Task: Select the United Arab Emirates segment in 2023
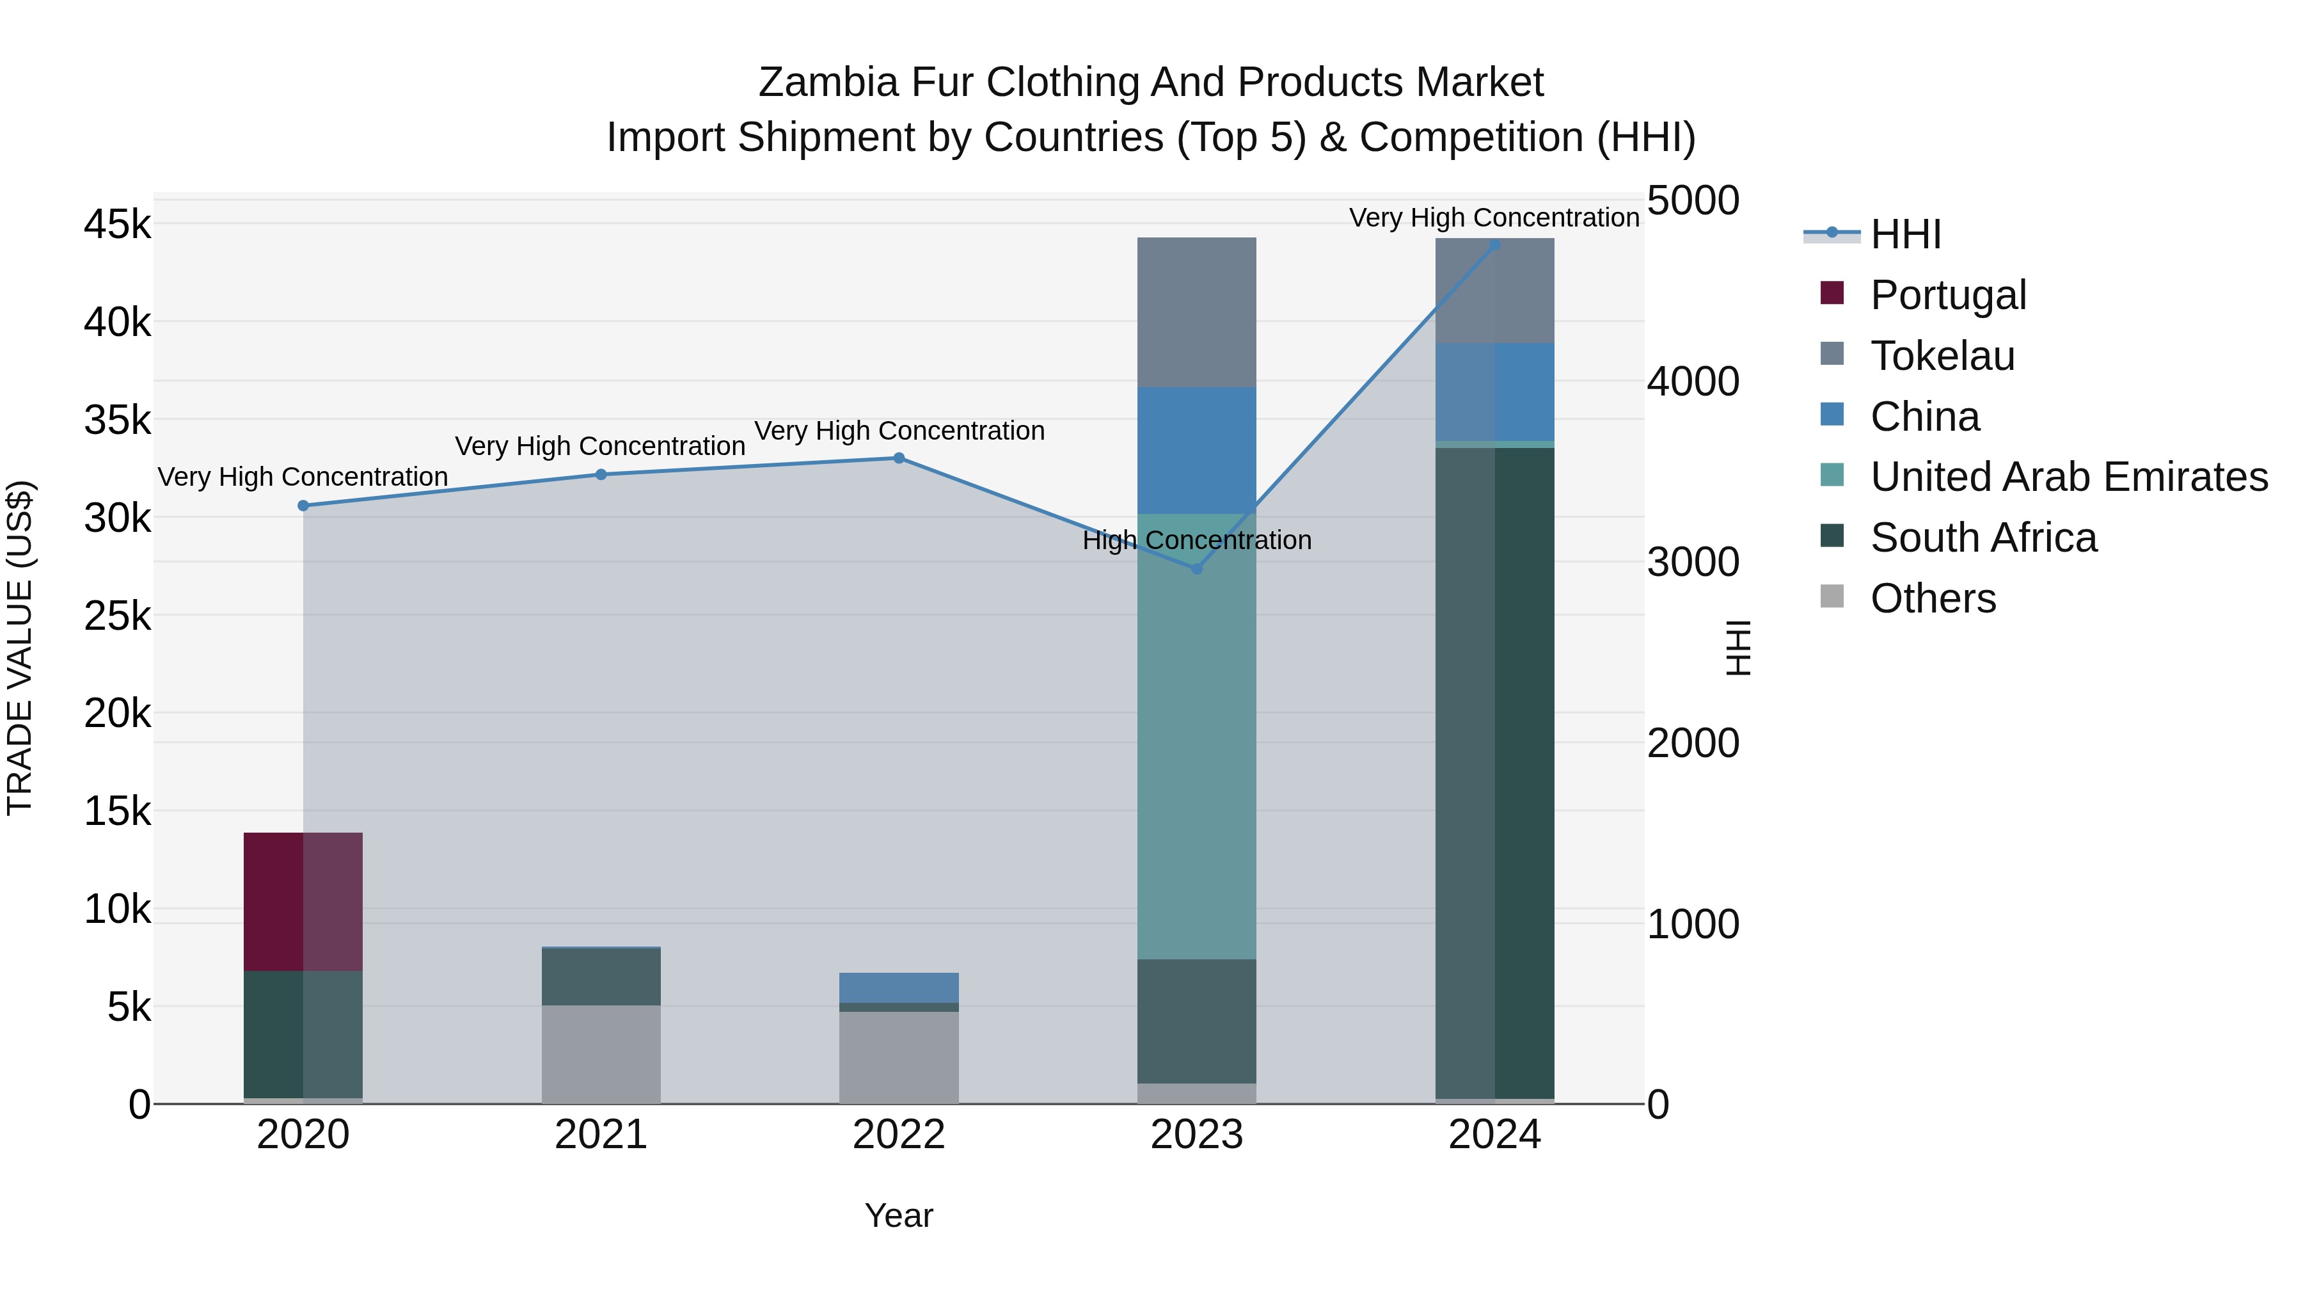pyautogui.click(x=1196, y=736)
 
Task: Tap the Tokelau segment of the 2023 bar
pyautogui.click(x=1196, y=312)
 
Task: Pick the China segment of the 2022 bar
pyautogui.click(x=899, y=988)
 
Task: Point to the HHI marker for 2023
pyautogui.click(x=1197, y=569)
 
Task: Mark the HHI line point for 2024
pyautogui.click(x=1495, y=244)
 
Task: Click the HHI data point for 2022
pyautogui.click(x=899, y=458)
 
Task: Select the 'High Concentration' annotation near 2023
pyautogui.click(x=1196, y=540)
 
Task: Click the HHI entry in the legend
pyautogui.click(x=1904, y=234)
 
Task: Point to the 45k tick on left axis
pyautogui.click(x=117, y=225)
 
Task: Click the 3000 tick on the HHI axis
pyautogui.click(x=1692, y=563)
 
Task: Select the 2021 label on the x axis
pyautogui.click(x=601, y=1135)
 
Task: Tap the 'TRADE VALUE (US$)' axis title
pyautogui.click(x=20, y=648)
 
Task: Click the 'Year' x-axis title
pyautogui.click(x=899, y=1215)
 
